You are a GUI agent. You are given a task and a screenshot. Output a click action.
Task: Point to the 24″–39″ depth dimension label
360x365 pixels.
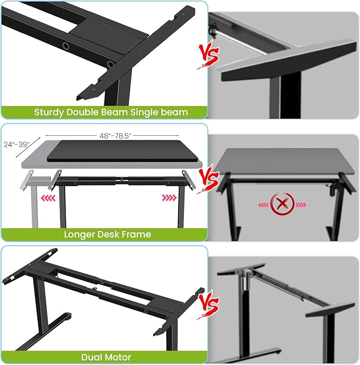point(16,144)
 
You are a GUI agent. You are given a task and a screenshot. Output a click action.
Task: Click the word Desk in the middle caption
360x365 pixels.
point(110,234)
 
